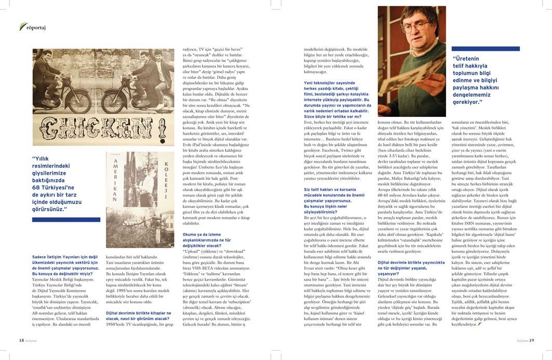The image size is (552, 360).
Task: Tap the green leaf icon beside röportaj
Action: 22,26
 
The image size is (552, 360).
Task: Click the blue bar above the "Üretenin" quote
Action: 486,49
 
